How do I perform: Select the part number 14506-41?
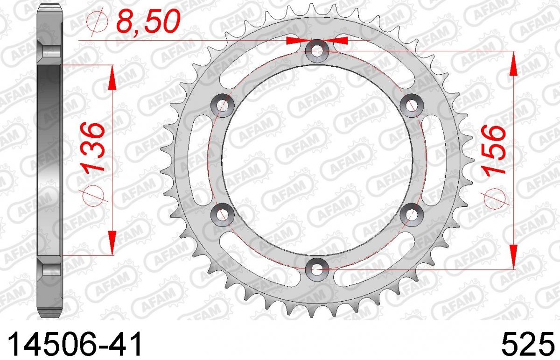coord(75,344)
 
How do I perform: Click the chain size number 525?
coord(525,344)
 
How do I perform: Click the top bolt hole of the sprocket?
coord(317,51)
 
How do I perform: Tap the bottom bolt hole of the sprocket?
coord(317,270)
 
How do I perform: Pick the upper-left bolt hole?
coord(223,106)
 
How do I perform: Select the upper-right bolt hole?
coord(412,106)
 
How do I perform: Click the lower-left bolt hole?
coord(223,215)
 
